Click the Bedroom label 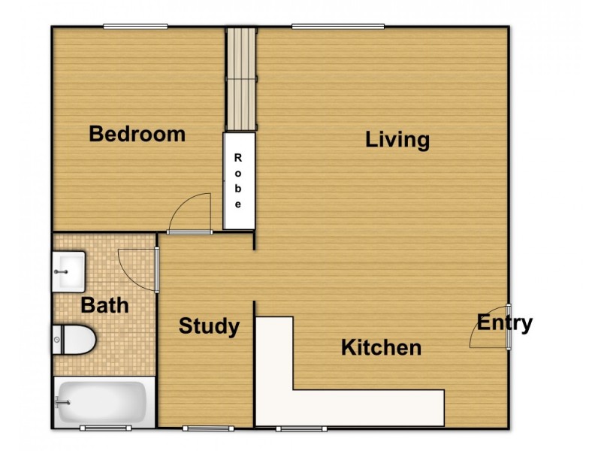pyautogui.click(x=137, y=135)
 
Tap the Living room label pyautogui.click(x=397, y=140)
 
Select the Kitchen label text pyautogui.click(x=381, y=348)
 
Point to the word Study pyautogui.click(x=209, y=326)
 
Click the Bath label pyautogui.click(x=104, y=306)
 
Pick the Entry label pyautogui.click(x=505, y=323)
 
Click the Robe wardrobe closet pyautogui.click(x=239, y=181)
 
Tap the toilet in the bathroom pyautogui.click(x=76, y=340)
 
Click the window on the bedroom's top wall pyautogui.click(x=135, y=27)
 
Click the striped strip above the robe pyautogui.click(x=242, y=79)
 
